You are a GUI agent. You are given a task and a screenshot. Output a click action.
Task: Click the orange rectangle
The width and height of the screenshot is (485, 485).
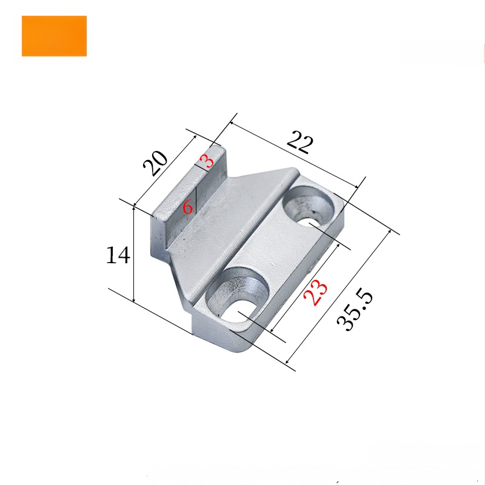point(54,36)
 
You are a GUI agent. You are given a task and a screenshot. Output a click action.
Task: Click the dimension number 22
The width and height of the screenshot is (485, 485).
point(300,142)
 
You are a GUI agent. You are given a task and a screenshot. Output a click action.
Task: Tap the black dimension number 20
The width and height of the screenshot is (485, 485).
point(155,163)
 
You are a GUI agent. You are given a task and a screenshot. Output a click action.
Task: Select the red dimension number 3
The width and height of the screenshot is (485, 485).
point(207,161)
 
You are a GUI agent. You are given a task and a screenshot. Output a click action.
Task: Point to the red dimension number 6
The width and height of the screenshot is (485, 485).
point(188,207)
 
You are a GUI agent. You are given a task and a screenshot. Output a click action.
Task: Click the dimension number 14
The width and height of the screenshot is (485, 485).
point(118,255)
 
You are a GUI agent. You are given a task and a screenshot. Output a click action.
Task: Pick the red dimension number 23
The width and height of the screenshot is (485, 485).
point(315,292)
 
